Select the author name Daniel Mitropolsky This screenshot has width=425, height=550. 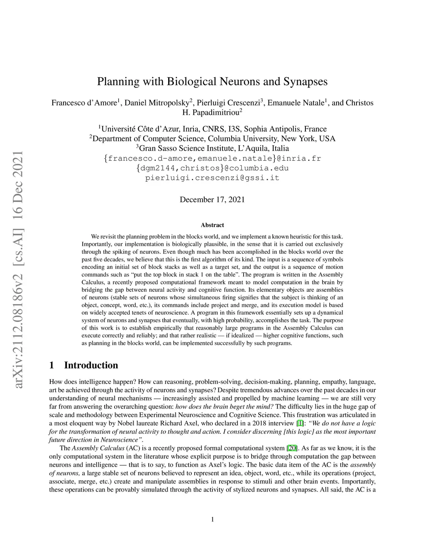click(x=156, y=103)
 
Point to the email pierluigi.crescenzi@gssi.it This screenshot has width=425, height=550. click(x=212, y=178)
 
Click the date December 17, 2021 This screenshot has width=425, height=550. click(x=212, y=200)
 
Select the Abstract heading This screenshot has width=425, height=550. click(x=212, y=225)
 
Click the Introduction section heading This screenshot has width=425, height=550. click(x=91, y=365)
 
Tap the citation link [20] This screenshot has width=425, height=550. click(x=292, y=448)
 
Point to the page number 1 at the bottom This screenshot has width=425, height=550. click(x=212, y=519)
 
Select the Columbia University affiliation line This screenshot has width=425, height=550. click(x=212, y=139)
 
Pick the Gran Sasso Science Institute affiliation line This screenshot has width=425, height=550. click(x=212, y=148)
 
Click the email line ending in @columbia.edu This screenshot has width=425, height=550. click(x=212, y=168)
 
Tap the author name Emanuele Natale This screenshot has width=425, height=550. click(x=295, y=103)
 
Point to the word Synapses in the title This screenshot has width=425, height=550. click(x=305, y=81)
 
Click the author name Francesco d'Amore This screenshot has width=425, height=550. click(x=84, y=103)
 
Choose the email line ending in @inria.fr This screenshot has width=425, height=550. click(x=212, y=158)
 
